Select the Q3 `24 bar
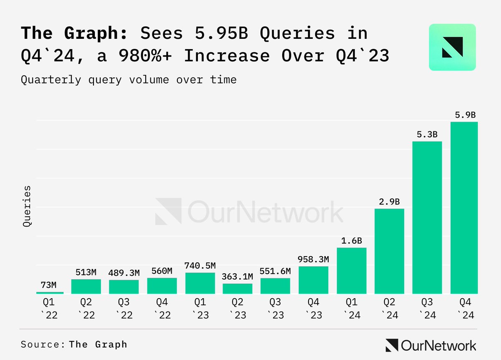pyautogui.click(x=427, y=217)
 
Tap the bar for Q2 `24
pyautogui.click(x=389, y=251)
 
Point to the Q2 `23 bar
pyautogui.click(x=238, y=289)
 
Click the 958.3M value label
pyautogui.click(x=314, y=259)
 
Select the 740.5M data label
pyautogui.click(x=200, y=266)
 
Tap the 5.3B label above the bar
pyautogui.click(x=427, y=134)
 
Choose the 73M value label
pyautogui.click(x=48, y=285)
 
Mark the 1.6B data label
pyautogui.click(x=351, y=241)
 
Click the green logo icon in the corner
pyautogui.click(x=452, y=47)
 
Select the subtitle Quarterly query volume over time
pyautogui.click(x=129, y=79)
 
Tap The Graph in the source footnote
pyautogui.click(x=98, y=345)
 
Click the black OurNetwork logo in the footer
pyautogui.click(x=430, y=345)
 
